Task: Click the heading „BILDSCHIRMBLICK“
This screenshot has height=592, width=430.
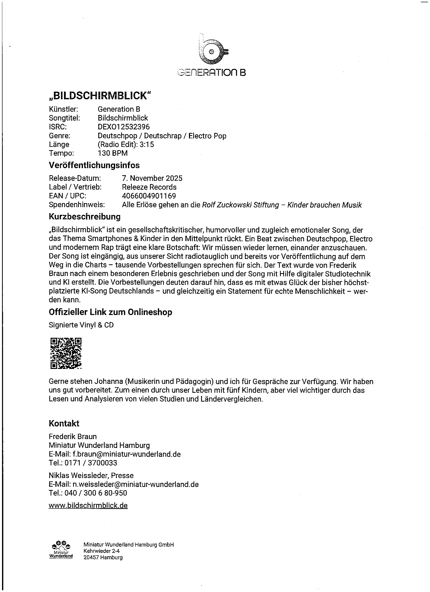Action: tap(100, 96)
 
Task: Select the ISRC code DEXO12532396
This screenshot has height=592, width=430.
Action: tap(124, 127)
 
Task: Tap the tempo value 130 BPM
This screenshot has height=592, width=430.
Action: tap(113, 153)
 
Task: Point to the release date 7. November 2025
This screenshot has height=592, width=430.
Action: tap(152, 178)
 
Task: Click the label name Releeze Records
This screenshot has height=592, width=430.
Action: tap(149, 187)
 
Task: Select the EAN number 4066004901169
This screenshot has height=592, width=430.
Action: tap(149, 196)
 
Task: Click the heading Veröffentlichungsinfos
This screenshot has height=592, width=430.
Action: tap(94, 165)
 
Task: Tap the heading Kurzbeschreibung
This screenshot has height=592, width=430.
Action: tap(84, 217)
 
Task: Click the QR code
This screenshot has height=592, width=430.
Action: tap(66, 353)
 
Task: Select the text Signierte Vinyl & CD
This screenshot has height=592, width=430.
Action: tap(81, 325)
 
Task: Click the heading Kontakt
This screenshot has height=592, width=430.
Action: tap(64, 423)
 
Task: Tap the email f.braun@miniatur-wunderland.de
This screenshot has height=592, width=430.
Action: tap(126, 454)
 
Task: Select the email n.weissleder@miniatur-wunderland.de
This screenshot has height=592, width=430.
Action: tap(135, 484)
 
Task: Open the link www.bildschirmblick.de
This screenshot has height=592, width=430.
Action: tap(88, 506)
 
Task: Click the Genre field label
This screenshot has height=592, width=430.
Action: tap(59, 136)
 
